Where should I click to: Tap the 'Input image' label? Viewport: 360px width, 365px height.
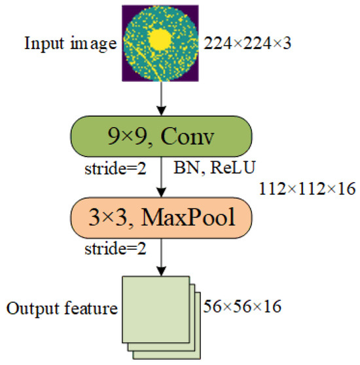[71, 45]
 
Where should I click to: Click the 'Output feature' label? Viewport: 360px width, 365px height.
[62, 307]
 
